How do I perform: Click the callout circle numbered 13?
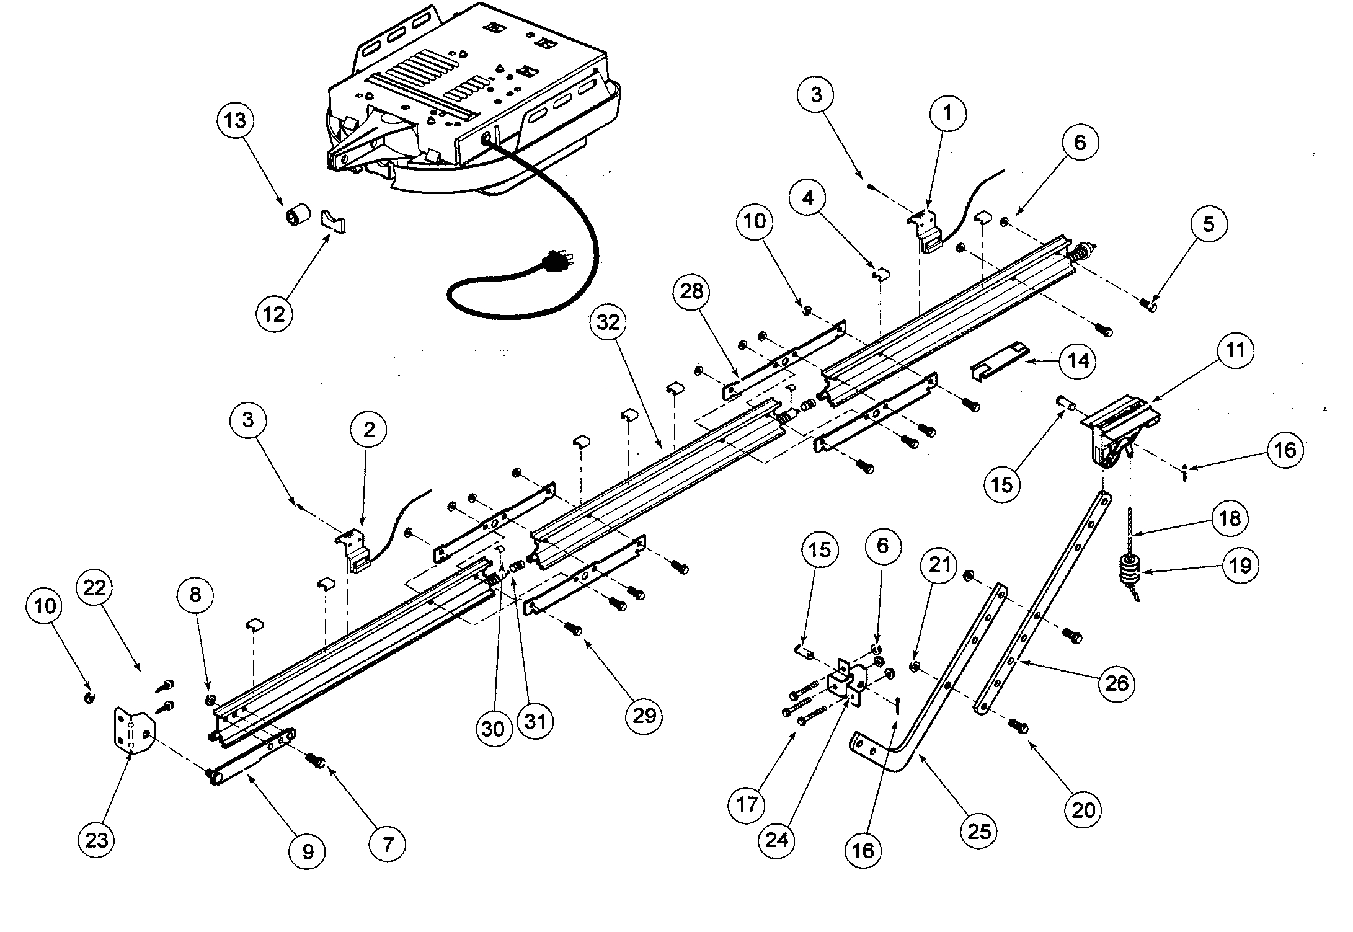[235, 120]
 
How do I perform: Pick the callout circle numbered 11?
[1235, 350]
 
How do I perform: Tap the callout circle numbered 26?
[1116, 683]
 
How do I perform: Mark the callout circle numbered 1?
[946, 113]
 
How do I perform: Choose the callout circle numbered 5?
[1208, 224]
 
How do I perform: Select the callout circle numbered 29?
[644, 716]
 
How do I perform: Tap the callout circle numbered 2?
[369, 429]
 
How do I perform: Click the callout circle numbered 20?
[1083, 809]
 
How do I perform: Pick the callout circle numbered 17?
[747, 804]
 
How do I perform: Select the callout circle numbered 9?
[308, 851]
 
